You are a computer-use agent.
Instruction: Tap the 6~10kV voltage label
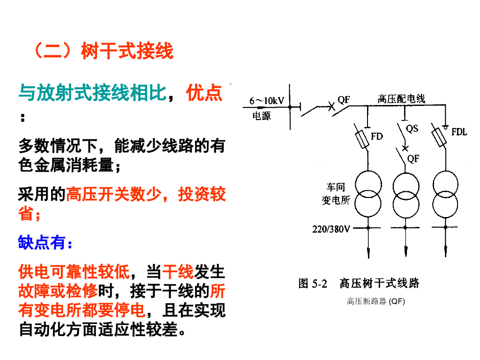[266, 100]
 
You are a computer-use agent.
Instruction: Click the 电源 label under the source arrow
[262, 116]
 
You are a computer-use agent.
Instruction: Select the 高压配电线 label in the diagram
[401, 98]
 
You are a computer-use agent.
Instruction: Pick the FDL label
[459, 132]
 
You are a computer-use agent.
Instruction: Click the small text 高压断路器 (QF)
[375, 301]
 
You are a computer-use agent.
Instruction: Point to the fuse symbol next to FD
[363, 139]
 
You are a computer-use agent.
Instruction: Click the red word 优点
[204, 93]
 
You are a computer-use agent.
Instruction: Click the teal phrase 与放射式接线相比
[92, 93]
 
